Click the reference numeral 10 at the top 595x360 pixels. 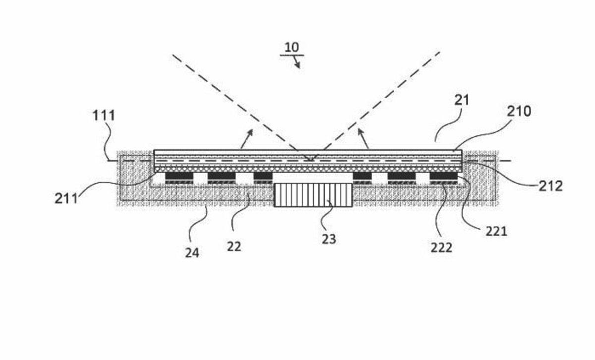(x=292, y=48)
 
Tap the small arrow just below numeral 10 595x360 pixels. (x=297, y=63)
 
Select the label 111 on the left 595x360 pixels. (x=104, y=116)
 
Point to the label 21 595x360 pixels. (x=461, y=100)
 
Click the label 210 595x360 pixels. (x=518, y=111)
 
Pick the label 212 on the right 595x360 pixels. (x=550, y=186)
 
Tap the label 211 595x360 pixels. (x=66, y=198)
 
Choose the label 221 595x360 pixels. (x=496, y=231)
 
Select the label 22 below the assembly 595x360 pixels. (x=234, y=246)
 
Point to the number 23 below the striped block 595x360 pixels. (x=328, y=239)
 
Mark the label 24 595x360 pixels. (x=192, y=253)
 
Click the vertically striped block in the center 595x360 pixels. (x=313, y=194)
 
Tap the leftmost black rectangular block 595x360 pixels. (x=178, y=176)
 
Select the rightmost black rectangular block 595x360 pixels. (x=443, y=176)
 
